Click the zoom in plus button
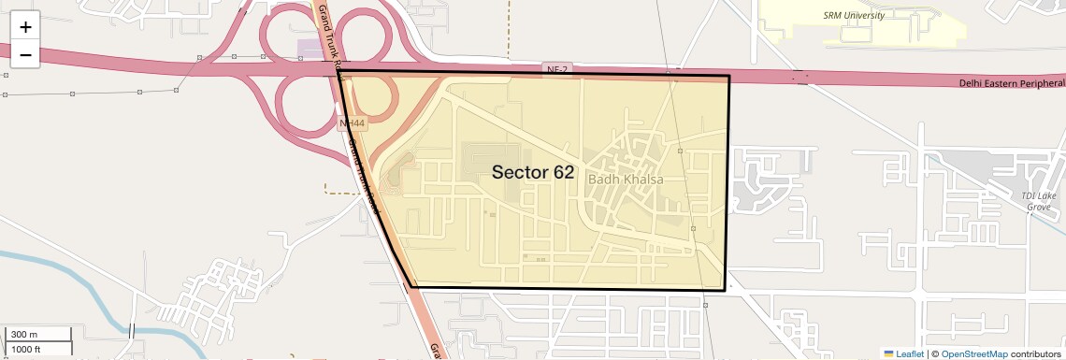pyautogui.click(x=25, y=27)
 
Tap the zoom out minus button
pyautogui.click(x=25, y=55)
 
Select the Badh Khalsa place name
pyautogui.click(x=625, y=176)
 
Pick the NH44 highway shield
pyautogui.click(x=352, y=122)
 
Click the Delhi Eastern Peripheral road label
pyautogui.click(x=1012, y=83)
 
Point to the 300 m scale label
pyautogui.click(x=25, y=334)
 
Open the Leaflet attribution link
pyautogui.click(x=904, y=354)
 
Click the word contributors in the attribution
pyautogui.click(x=1035, y=354)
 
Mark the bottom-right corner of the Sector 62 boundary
pyautogui.click(x=726, y=290)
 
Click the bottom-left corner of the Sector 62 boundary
pyautogui.click(x=412, y=286)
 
